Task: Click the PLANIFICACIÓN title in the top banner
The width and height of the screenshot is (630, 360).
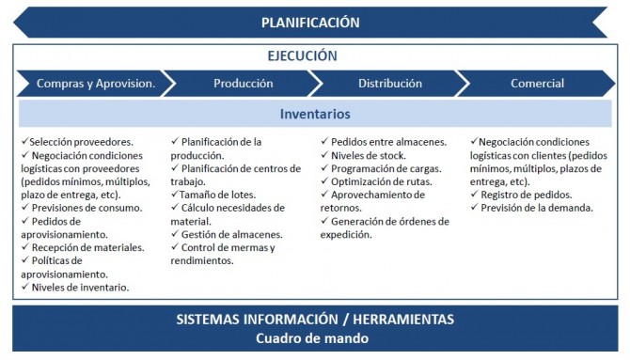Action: (x=310, y=23)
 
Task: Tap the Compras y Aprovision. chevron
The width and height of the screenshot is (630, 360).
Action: (x=95, y=84)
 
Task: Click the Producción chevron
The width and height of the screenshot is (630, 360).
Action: (x=243, y=84)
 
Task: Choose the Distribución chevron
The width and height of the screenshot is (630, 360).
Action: (x=389, y=84)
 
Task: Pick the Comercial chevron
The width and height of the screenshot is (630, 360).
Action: (x=537, y=84)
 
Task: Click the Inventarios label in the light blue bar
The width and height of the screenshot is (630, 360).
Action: (x=315, y=114)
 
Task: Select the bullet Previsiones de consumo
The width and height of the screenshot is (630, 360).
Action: (x=86, y=208)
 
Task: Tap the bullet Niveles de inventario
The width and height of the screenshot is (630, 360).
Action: (x=80, y=287)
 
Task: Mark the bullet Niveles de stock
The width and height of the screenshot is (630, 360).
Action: (x=368, y=155)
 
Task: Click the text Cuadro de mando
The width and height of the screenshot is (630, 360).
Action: (x=313, y=338)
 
